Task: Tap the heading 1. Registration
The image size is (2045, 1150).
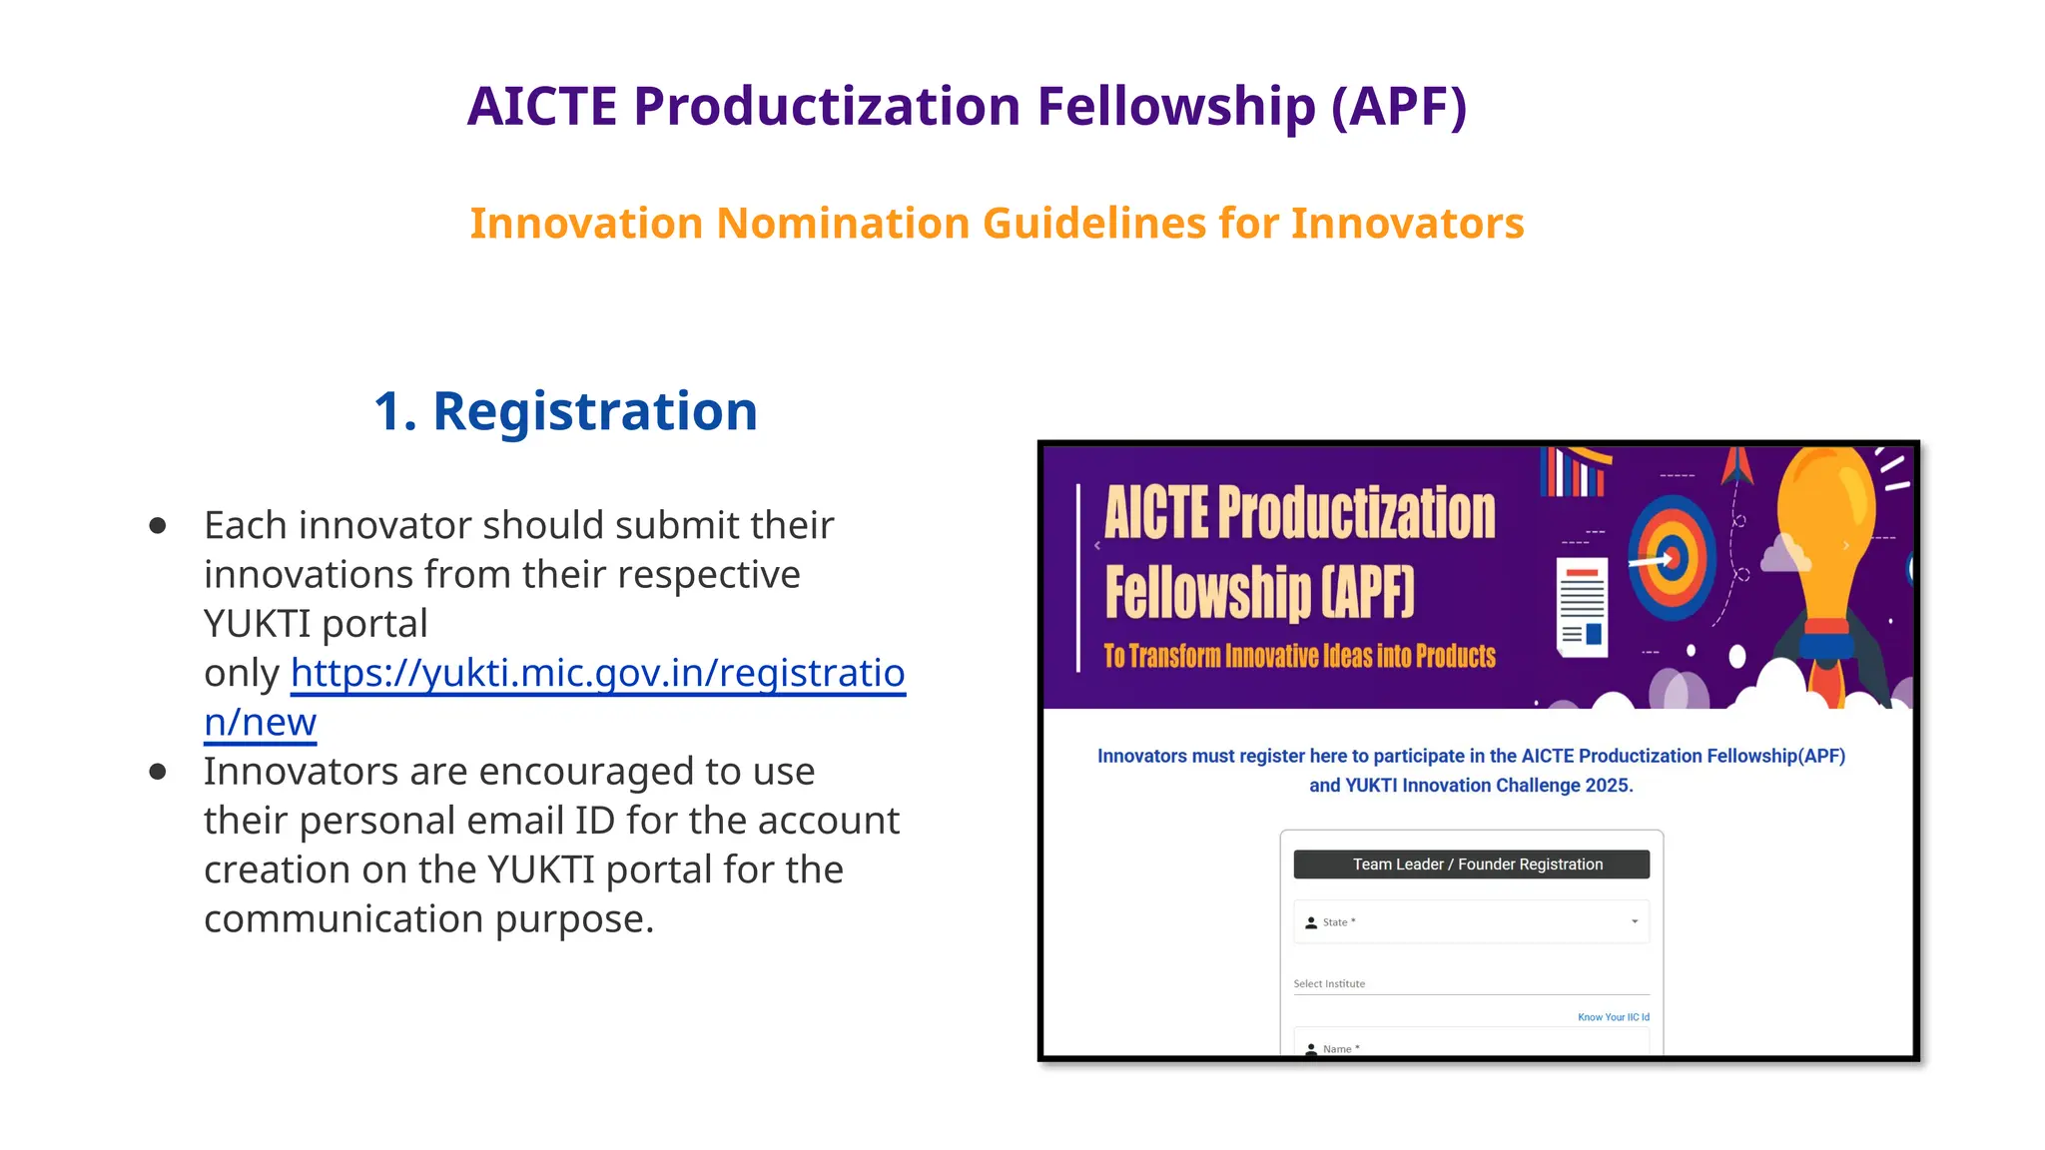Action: (x=565, y=411)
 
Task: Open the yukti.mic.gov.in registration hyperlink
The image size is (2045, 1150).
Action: (x=597, y=673)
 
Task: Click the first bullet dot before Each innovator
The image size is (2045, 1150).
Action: (x=158, y=526)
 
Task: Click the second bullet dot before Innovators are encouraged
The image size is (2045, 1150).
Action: (x=158, y=772)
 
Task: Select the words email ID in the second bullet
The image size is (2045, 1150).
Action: (x=593, y=821)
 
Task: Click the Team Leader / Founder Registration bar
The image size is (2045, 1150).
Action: (x=1471, y=864)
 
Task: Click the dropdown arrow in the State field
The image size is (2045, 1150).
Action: (x=1635, y=921)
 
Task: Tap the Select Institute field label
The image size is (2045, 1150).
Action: (x=1329, y=983)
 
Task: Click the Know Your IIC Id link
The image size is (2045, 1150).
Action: (x=1613, y=1017)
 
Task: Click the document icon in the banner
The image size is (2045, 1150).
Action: (x=1583, y=607)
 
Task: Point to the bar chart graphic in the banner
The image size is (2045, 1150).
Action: (x=1575, y=472)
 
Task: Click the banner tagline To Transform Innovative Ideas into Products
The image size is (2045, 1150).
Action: (x=1299, y=656)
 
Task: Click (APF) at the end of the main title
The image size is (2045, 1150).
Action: (x=1399, y=106)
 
